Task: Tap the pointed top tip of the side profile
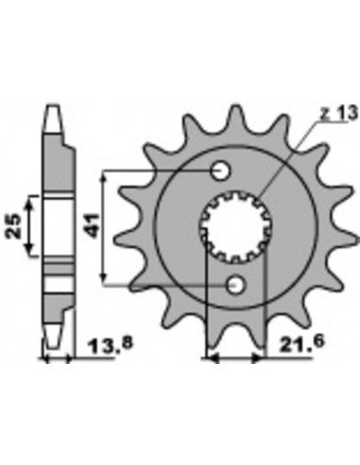pos(53,106)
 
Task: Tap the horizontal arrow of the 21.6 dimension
pos(236,359)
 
